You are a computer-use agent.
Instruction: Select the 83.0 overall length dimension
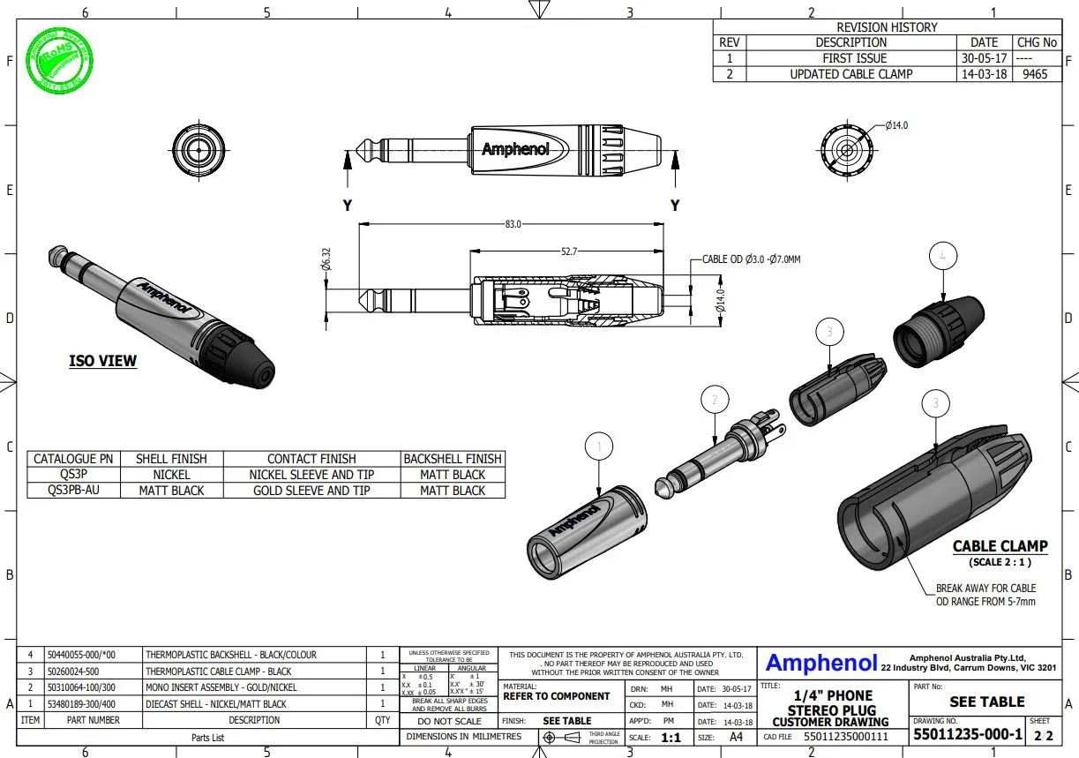pos(512,224)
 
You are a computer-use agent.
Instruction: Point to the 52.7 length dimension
pos(569,251)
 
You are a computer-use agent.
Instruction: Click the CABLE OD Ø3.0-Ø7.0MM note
pos(751,259)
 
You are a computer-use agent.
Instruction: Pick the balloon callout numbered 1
pos(599,447)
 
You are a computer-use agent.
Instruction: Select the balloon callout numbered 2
pos(715,400)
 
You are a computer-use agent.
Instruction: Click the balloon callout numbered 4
pos(943,257)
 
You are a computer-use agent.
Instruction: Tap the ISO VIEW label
pos(103,361)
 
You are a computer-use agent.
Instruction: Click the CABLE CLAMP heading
pos(1000,546)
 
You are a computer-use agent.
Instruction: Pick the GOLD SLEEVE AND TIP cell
pos(311,491)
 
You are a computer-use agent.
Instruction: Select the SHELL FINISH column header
pos(171,459)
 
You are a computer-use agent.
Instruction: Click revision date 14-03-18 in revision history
pos(984,74)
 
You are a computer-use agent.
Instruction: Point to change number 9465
pos(1035,74)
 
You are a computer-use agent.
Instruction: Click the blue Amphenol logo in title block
pos(820,664)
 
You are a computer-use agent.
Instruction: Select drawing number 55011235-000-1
pos(967,735)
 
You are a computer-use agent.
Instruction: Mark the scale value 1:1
pos(671,737)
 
